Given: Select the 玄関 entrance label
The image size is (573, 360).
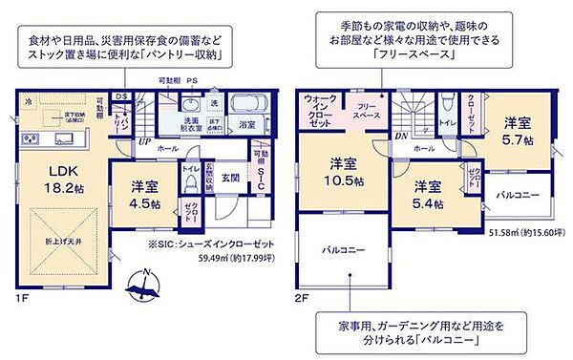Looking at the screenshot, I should coord(231,178).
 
